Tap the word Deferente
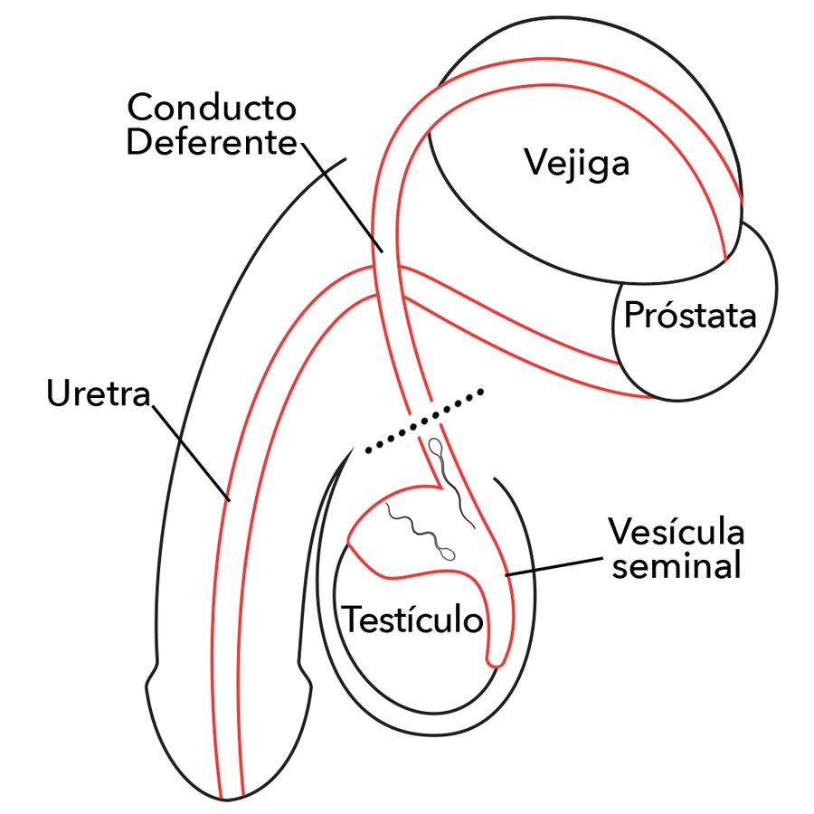click(211, 143)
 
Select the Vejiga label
click(576, 166)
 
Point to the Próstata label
click(689, 317)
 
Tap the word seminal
click(674, 566)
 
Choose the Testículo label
click(412, 621)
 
